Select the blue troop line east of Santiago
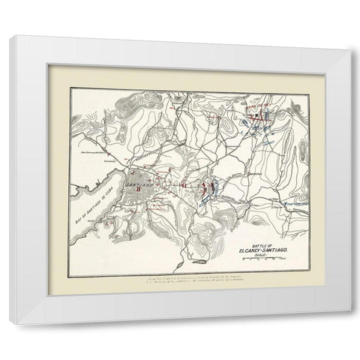click(x=213, y=185)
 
